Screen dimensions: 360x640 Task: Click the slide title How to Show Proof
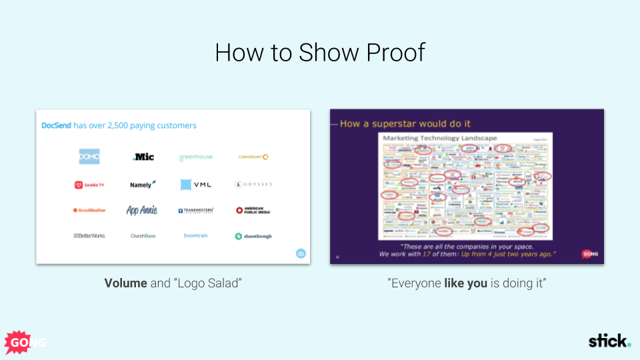pyautogui.click(x=320, y=53)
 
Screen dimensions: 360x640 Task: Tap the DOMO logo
pyautogui.click(x=89, y=157)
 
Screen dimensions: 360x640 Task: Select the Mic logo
pyautogui.click(x=143, y=157)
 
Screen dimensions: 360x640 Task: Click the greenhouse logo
pyautogui.click(x=196, y=157)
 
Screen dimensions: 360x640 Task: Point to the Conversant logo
pyautogui.click(x=253, y=157)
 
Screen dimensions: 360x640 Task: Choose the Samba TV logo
pyautogui.click(x=89, y=185)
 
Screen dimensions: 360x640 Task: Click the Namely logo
pyautogui.click(x=143, y=185)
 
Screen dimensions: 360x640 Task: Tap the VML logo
pyautogui.click(x=195, y=185)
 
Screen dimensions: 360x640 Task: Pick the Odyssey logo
pyautogui.click(x=253, y=185)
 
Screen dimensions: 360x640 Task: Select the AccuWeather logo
pyautogui.click(x=89, y=210)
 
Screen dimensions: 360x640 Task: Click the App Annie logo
pyautogui.click(x=142, y=210)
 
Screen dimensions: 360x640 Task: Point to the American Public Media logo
pyautogui.click(x=253, y=210)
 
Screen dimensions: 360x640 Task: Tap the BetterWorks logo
pyautogui.click(x=89, y=236)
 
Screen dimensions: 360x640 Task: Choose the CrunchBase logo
pyautogui.click(x=143, y=236)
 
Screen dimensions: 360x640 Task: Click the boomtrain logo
pyautogui.click(x=196, y=236)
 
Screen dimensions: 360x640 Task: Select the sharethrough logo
pyautogui.click(x=253, y=236)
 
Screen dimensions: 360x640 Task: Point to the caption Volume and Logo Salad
pyautogui.click(x=173, y=283)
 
